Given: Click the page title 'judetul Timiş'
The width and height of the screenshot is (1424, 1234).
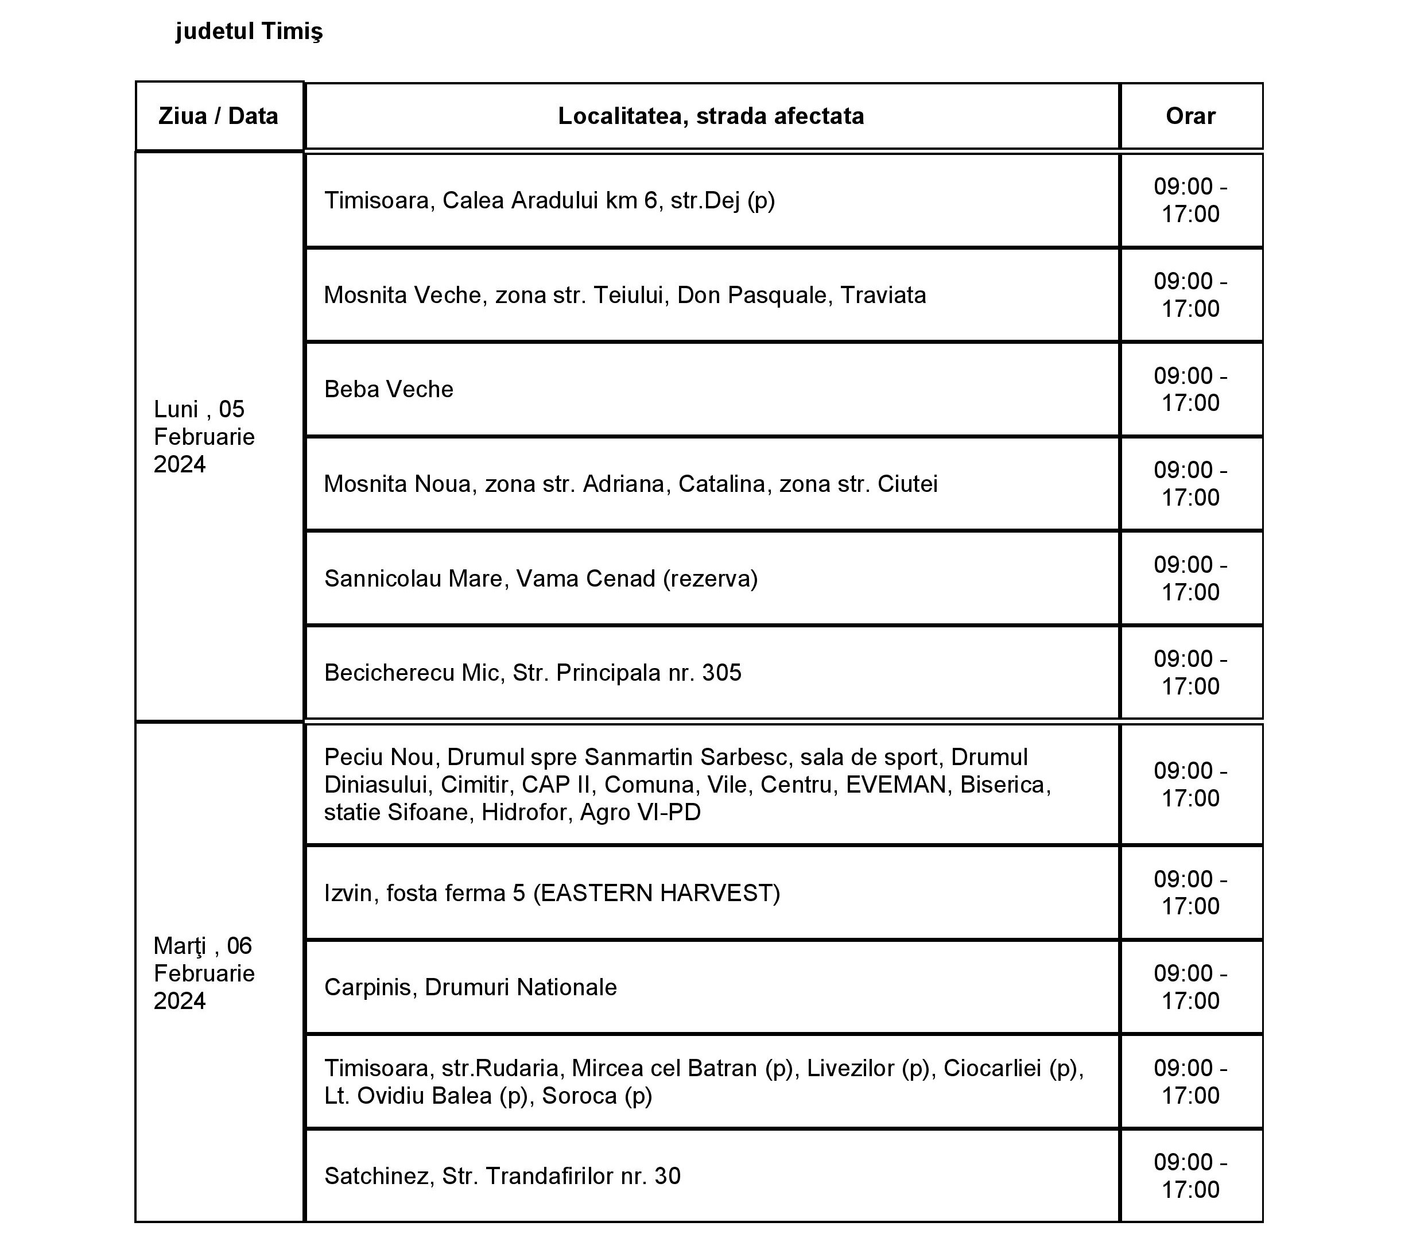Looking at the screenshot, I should point(249,32).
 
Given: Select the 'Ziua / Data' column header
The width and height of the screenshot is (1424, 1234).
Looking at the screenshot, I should point(218,116).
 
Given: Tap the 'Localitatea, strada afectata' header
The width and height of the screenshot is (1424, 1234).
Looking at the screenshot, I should point(711,116).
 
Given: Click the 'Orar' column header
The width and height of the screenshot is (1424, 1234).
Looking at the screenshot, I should point(1190,116).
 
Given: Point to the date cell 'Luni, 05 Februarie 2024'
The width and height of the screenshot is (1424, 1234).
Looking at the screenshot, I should point(204,437).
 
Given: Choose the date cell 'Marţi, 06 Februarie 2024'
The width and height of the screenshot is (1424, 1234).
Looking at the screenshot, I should point(204,973).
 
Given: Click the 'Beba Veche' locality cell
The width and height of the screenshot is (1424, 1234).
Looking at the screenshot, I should point(389,389).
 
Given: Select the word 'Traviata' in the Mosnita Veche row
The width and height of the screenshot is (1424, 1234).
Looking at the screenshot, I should point(883,295).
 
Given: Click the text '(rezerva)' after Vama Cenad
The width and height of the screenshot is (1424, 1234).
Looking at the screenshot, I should point(710,579).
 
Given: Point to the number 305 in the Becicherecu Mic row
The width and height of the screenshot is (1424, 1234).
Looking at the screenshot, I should point(721,672).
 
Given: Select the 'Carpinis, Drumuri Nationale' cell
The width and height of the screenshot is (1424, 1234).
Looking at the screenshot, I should point(470,987).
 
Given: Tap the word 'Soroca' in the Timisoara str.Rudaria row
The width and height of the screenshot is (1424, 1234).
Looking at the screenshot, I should point(579,1095).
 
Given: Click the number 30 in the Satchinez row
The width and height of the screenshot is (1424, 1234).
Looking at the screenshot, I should point(668,1175).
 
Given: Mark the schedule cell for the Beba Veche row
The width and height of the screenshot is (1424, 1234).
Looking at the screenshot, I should point(1190,389).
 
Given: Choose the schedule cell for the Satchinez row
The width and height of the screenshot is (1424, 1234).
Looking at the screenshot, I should point(1190,1175).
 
